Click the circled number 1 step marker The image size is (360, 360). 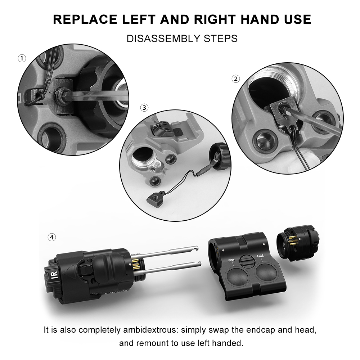point(22,58)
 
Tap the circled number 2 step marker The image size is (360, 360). point(236,79)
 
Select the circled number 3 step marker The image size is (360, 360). point(144,107)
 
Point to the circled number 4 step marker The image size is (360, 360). point(52,237)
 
